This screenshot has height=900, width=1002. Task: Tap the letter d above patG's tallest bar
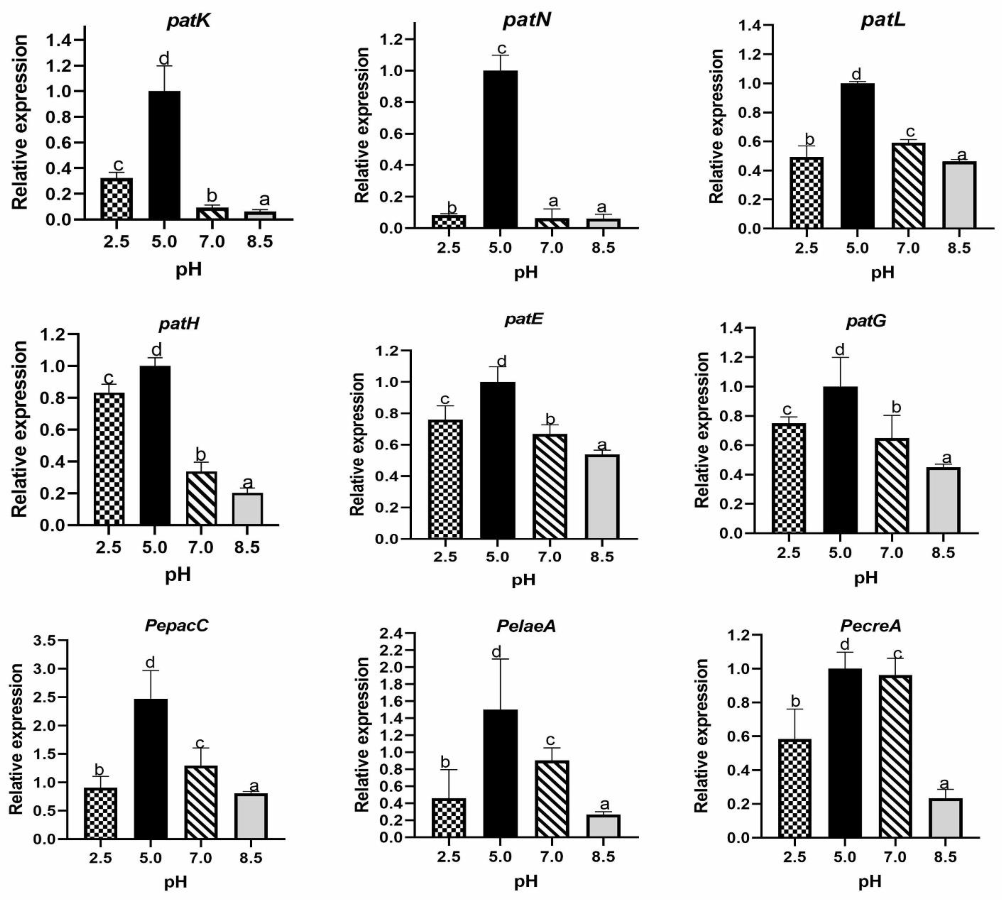840,350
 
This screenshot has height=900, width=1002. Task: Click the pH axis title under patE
523,579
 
